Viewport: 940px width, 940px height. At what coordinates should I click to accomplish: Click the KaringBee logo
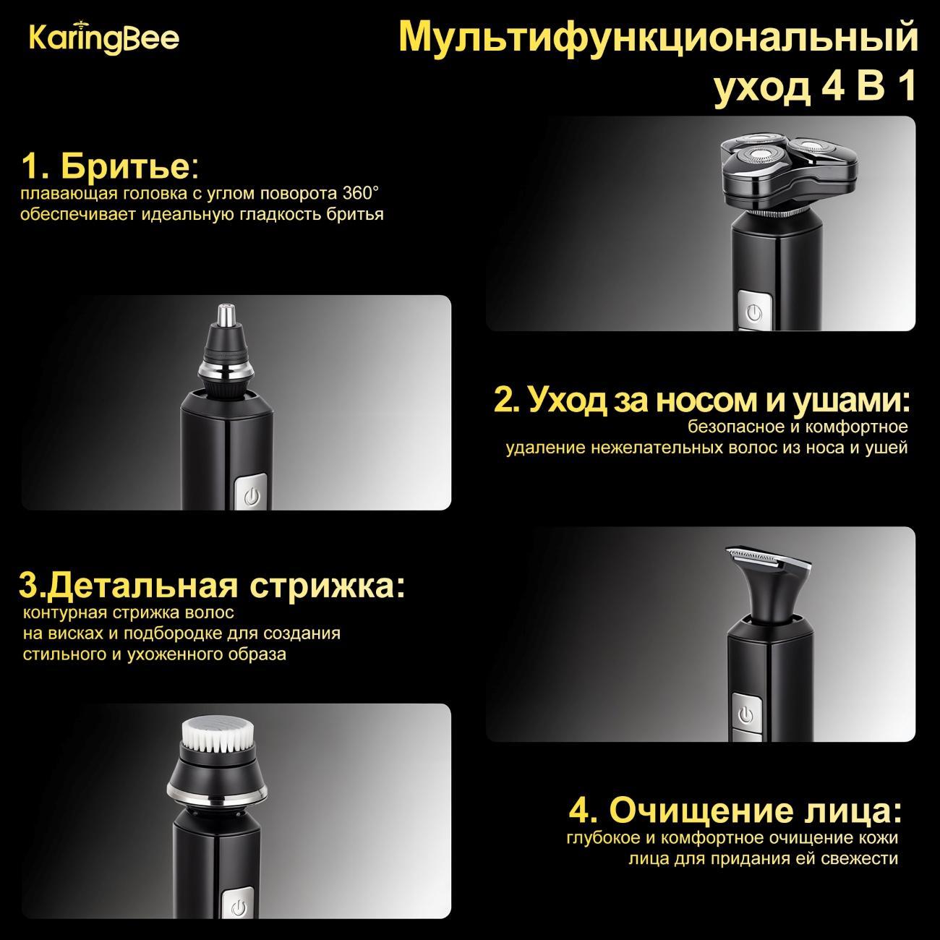(104, 39)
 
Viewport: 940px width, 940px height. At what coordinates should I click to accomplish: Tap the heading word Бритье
(125, 167)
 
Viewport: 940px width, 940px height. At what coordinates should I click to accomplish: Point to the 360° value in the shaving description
(361, 194)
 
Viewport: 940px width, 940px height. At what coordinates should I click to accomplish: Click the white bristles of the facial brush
(218, 735)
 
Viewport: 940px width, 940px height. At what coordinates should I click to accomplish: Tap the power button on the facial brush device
(239, 906)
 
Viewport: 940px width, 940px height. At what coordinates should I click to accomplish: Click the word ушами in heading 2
(851, 401)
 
